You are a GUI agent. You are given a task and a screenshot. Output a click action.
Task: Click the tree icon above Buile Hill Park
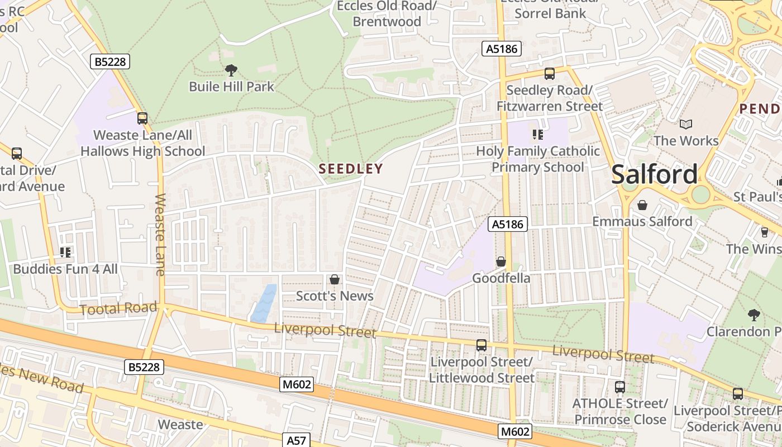[231, 70]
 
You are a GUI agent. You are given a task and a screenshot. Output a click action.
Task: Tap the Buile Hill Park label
[232, 87]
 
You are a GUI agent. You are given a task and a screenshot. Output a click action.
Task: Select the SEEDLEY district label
[351, 169]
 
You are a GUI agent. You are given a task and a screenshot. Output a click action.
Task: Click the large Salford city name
[654, 174]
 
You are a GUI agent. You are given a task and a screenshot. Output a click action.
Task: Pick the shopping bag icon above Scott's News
[335, 279]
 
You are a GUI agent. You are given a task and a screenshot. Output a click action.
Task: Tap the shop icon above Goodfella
[501, 261]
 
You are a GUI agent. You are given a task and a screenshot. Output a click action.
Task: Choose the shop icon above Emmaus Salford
[642, 205]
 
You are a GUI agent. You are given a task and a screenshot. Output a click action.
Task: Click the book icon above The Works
[686, 124]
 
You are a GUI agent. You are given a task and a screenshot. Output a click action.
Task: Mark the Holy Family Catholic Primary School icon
[538, 134]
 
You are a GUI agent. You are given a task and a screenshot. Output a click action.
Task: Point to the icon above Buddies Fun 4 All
[65, 253]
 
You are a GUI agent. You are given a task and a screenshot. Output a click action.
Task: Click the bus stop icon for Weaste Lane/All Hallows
[142, 118]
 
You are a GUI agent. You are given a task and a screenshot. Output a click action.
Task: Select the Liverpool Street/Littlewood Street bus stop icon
[481, 345]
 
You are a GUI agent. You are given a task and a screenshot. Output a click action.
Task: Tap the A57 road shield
[296, 440]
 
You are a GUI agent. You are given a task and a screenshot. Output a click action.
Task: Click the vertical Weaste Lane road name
[161, 235]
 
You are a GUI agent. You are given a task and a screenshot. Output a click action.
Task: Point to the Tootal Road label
[118, 308]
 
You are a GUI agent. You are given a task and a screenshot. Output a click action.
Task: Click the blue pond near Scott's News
[264, 303]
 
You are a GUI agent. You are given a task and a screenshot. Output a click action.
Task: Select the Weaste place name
[180, 425]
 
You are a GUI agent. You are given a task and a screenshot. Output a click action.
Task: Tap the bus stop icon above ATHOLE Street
[619, 387]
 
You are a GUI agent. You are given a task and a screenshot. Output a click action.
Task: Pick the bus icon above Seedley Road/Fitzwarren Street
[550, 74]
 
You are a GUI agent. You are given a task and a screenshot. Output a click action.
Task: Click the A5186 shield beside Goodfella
[508, 225]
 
